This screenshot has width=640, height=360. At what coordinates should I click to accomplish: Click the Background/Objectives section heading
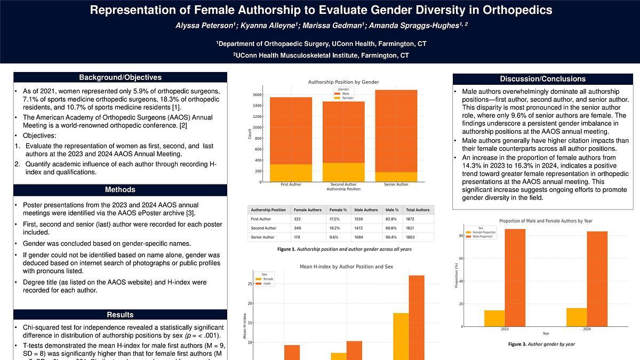click(120, 78)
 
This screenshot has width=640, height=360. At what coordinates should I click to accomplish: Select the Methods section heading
click(120, 190)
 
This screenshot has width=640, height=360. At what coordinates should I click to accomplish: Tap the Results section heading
click(120, 315)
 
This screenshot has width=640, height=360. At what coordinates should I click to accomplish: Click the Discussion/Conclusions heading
click(542, 79)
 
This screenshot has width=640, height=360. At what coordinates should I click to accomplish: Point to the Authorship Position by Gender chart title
click(343, 82)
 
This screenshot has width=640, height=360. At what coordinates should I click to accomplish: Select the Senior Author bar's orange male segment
click(396, 131)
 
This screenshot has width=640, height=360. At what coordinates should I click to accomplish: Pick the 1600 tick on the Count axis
click(257, 95)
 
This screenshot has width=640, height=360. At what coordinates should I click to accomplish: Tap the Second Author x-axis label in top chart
click(343, 185)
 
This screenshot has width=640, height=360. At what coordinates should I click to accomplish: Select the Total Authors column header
click(418, 210)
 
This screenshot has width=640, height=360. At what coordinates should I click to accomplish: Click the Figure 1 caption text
click(344, 249)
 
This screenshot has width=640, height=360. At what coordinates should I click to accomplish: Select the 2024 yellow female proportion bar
click(577, 317)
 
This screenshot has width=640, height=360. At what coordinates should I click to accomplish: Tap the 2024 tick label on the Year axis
click(587, 329)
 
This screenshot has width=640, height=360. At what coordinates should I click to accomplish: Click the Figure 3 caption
click(541, 345)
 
